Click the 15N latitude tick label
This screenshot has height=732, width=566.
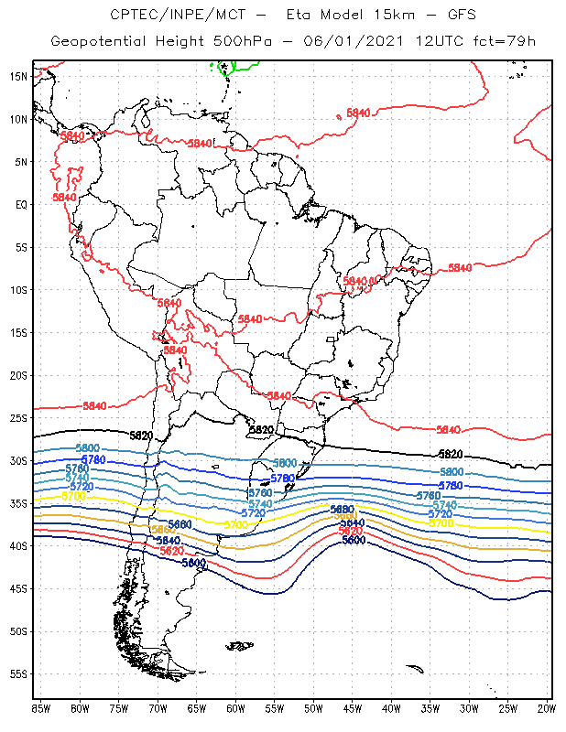click(x=18, y=76)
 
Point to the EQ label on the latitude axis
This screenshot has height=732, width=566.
click(x=21, y=204)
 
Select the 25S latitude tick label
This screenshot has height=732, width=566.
click(x=18, y=418)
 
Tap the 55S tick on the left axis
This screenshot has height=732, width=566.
click(x=18, y=674)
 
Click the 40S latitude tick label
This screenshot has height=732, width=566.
click(x=18, y=546)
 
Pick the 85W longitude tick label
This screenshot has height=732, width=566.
click(x=41, y=708)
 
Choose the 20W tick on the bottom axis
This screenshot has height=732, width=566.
click(x=546, y=708)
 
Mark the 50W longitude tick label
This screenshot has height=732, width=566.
click(x=313, y=708)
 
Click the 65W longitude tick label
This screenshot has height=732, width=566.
click(x=196, y=708)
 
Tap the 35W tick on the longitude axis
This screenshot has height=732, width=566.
click(x=430, y=708)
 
